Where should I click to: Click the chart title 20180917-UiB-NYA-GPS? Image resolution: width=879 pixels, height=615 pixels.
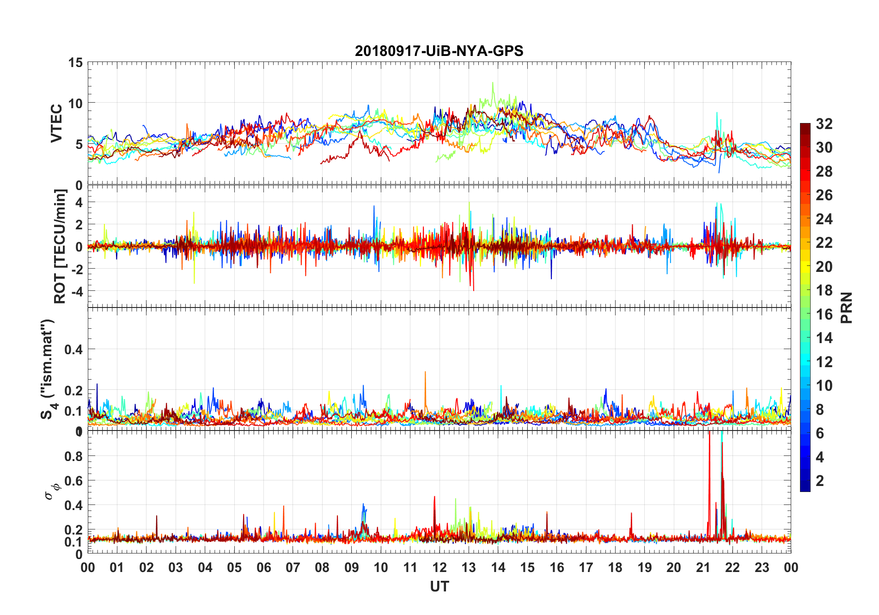[x=439, y=51]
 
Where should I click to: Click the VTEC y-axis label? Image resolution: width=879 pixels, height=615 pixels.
[x=56, y=123]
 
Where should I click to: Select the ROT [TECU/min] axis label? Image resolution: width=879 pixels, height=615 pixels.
[x=60, y=246]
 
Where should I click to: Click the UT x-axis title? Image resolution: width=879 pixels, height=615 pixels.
[x=439, y=586]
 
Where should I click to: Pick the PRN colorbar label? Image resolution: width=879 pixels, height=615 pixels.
[x=847, y=308]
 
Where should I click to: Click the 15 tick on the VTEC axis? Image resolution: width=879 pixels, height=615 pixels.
[x=75, y=62]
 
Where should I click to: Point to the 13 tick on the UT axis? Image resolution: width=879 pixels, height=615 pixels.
[x=469, y=567]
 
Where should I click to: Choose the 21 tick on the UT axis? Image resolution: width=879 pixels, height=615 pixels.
[x=703, y=567]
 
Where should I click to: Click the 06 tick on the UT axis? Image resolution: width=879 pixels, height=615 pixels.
[x=263, y=567]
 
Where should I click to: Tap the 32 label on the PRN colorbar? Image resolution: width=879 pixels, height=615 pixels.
[x=824, y=124]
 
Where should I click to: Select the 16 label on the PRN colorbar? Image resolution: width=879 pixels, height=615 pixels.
[x=824, y=314]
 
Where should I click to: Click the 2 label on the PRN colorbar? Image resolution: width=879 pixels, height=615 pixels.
[x=820, y=481]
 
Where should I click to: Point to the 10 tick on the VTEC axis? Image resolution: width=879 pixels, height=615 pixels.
[x=75, y=104]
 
